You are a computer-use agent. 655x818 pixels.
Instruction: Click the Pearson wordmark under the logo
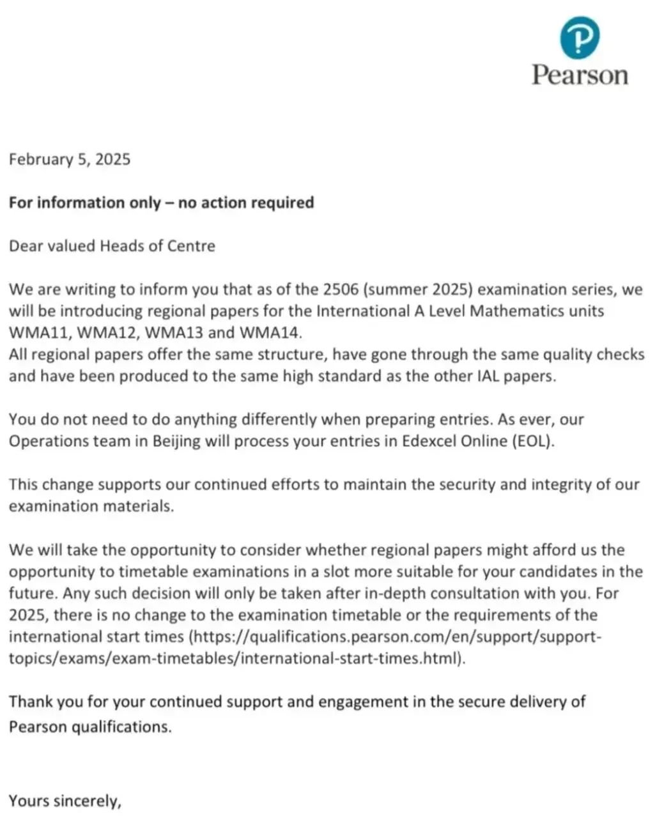(580, 75)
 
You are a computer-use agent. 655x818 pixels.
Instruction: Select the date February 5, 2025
(70, 159)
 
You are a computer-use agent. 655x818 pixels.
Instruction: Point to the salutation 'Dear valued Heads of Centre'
(112, 246)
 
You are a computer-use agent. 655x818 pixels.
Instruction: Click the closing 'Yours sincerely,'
(65, 801)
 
